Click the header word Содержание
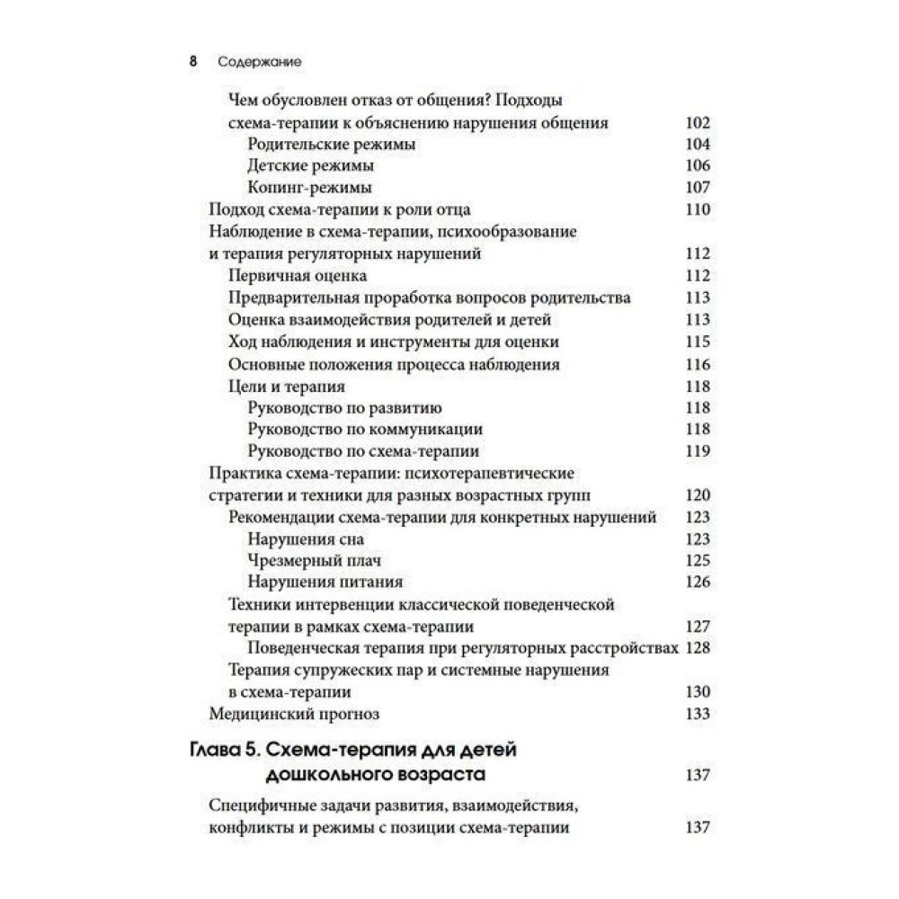point(259,63)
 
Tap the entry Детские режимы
point(310,166)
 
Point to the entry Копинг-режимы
point(309,188)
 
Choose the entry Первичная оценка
point(298,276)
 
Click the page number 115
point(697,342)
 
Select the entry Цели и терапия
point(288,386)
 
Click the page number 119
point(697,451)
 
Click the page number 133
point(697,714)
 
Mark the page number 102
point(697,123)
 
